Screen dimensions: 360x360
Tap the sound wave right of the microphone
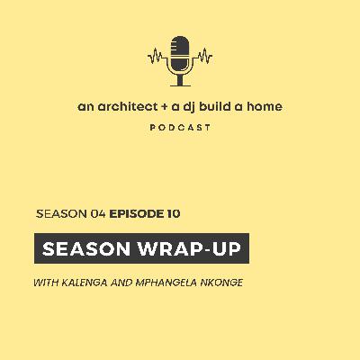coord(202,56)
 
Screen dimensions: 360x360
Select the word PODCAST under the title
coord(180,128)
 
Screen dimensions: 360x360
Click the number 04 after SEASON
coord(97,214)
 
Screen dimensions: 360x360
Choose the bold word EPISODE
coord(138,214)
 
